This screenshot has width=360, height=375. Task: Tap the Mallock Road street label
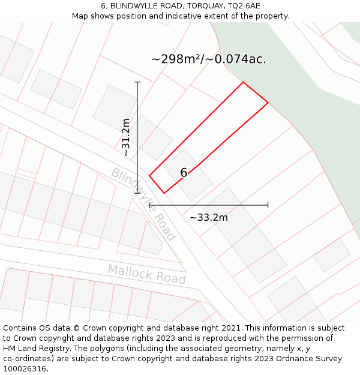(x=146, y=274)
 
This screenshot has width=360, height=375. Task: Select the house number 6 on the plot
(x=184, y=173)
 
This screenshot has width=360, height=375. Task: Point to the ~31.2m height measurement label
(x=126, y=137)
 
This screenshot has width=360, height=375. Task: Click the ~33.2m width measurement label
(x=209, y=217)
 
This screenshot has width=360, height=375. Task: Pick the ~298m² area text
(x=177, y=59)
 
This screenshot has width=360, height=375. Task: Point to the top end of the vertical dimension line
(x=137, y=82)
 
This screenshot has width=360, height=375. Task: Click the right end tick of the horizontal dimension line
(x=268, y=205)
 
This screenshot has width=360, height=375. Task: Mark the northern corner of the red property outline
(x=243, y=82)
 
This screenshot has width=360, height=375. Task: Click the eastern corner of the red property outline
(x=268, y=103)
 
